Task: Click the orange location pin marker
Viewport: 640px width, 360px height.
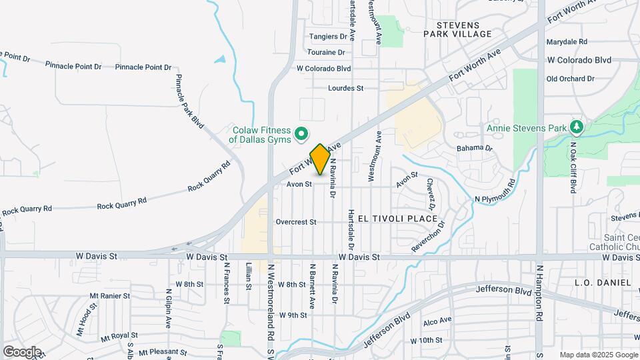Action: pyautogui.click(x=320, y=159)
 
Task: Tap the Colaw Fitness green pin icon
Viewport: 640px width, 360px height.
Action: pyautogui.click(x=301, y=134)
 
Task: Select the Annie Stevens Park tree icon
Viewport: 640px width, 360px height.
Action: pyautogui.click(x=576, y=127)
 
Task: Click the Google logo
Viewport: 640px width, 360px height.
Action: pyautogui.click(x=22, y=351)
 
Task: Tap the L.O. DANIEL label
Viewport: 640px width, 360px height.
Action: pyautogui.click(x=603, y=283)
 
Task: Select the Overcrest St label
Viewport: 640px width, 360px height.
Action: pyautogui.click(x=295, y=222)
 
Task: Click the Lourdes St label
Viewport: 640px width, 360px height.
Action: pyautogui.click(x=345, y=88)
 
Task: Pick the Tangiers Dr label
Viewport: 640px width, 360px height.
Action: pyautogui.click(x=329, y=37)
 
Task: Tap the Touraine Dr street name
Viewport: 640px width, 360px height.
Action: pyautogui.click(x=326, y=52)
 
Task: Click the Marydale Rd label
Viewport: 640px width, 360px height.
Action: pyautogui.click(x=567, y=41)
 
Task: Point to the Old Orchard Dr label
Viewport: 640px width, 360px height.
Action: pyautogui.click(x=570, y=79)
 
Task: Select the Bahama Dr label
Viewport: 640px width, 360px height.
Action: pyautogui.click(x=474, y=148)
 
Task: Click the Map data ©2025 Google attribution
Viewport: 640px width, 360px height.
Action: pyautogui.click(x=598, y=355)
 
